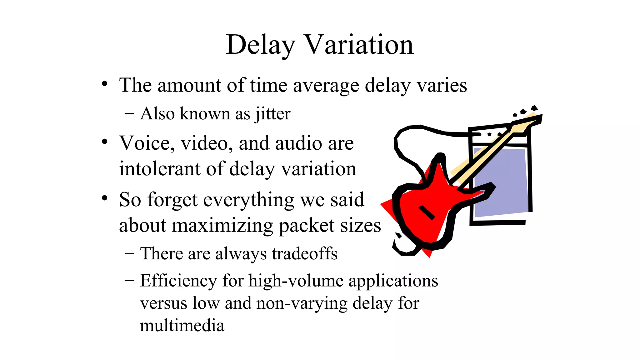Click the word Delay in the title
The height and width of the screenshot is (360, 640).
pyautogui.click(x=260, y=45)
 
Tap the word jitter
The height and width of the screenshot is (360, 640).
pyautogui.click(x=273, y=114)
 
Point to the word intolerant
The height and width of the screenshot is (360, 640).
pyautogui.click(x=159, y=169)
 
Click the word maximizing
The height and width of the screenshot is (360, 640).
pyautogui.click(x=222, y=226)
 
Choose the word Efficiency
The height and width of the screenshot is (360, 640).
pyautogui.click(x=178, y=281)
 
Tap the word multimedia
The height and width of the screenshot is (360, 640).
pyautogui.click(x=182, y=326)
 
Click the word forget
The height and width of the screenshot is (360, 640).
pyautogui.click(x=172, y=200)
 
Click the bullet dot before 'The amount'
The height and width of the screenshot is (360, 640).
pyautogui.click(x=105, y=84)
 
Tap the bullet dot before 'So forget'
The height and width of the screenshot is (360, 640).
pyautogui.click(x=105, y=198)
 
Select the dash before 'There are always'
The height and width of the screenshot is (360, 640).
pyautogui.click(x=129, y=253)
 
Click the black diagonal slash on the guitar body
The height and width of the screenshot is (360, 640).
pyautogui.click(x=427, y=212)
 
